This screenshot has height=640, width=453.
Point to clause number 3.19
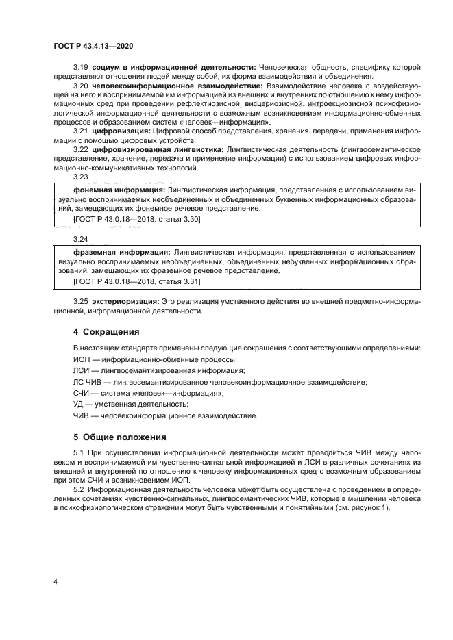80,67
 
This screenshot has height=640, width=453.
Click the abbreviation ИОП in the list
82,359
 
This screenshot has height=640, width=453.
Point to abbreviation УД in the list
79,404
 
